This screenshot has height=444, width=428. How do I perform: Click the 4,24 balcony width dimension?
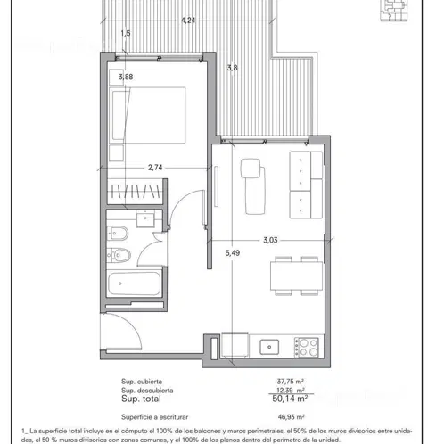188,21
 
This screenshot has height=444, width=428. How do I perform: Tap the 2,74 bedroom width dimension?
155,168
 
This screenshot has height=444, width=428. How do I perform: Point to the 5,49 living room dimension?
233,253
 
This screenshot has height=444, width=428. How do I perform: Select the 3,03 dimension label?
270,240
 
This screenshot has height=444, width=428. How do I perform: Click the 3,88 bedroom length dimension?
126,77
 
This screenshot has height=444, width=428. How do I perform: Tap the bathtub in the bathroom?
135,284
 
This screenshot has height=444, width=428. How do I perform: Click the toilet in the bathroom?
119,255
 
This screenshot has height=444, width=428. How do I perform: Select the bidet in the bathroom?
118,233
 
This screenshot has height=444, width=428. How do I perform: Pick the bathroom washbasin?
145,218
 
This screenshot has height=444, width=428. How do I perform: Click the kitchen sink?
269,347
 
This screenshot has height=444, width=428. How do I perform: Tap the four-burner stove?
306,347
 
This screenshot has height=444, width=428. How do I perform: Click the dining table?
296,276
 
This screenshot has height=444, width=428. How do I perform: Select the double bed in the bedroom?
147,115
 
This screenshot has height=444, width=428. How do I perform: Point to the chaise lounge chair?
253,186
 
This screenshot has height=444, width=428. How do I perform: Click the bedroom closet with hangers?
136,192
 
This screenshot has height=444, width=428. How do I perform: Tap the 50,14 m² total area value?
290,399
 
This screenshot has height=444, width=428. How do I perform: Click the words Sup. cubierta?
142,382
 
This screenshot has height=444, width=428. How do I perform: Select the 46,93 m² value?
291,417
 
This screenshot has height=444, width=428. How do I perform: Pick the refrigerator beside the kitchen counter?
235,345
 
